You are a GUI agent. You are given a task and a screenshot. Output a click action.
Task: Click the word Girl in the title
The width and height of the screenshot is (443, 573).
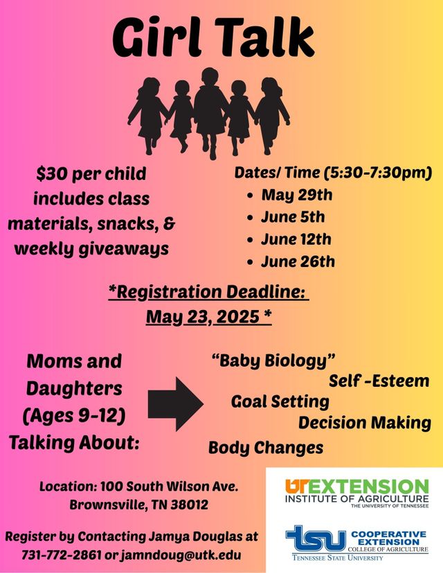(157, 38)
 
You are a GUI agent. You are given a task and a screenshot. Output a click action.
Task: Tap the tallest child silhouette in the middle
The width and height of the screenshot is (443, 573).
(210, 113)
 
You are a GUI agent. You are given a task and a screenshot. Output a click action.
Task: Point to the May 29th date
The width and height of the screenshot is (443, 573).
(297, 194)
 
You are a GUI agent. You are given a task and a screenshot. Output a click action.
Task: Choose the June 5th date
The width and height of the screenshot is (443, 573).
(293, 217)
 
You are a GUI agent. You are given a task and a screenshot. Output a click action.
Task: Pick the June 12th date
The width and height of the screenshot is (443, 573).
(296, 239)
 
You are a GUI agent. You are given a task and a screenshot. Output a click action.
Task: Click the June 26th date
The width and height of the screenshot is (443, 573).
(298, 262)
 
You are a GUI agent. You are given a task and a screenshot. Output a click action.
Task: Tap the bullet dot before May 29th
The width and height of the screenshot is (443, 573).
(251, 196)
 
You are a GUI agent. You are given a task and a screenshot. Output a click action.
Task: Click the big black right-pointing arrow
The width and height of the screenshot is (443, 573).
(175, 404)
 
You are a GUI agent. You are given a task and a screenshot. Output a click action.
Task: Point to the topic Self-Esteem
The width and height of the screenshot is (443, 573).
(379, 381)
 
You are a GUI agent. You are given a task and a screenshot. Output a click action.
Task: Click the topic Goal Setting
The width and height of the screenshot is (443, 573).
(280, 401)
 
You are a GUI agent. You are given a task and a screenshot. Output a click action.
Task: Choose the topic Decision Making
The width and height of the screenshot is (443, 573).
(365, 423)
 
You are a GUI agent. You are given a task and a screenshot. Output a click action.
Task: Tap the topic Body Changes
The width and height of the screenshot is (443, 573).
(266, 448)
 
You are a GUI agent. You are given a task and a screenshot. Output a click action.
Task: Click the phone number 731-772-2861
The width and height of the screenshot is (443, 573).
(62, 555)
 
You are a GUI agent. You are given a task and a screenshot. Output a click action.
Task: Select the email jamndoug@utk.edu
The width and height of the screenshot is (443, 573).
(181, 556)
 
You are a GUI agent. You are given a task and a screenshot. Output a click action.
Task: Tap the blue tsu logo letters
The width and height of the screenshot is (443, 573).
(316, 538)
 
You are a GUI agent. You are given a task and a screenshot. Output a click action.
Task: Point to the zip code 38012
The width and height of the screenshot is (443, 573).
(190, 505)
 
